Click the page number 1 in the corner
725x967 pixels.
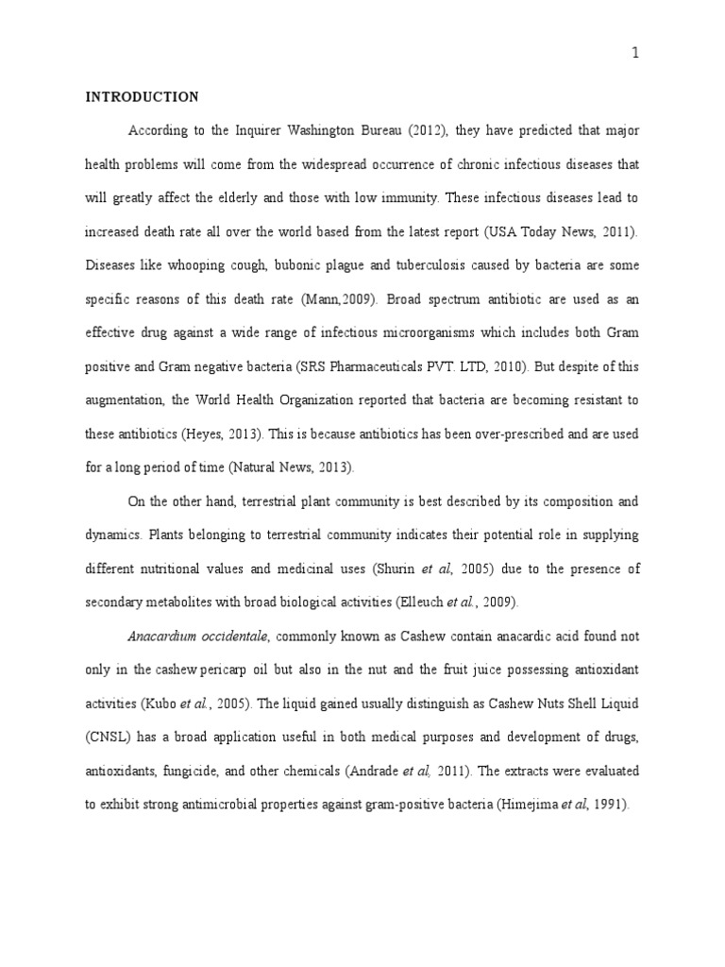tap(635, 54)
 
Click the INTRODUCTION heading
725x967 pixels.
tap(142, 97)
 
